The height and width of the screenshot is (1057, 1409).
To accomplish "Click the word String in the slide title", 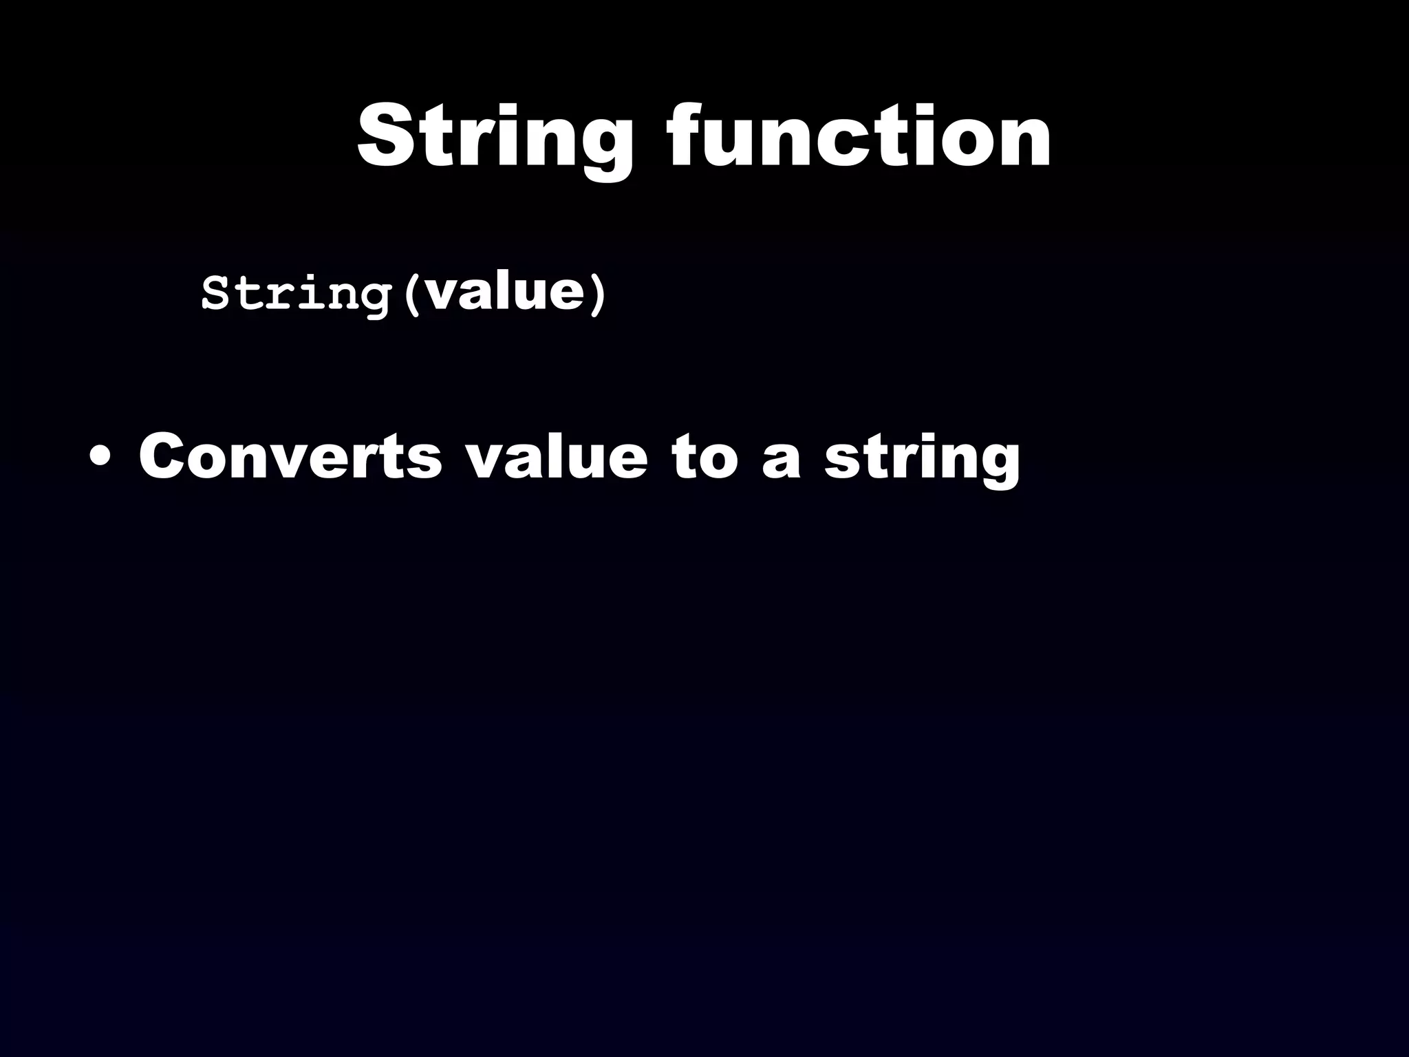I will pos(495,137).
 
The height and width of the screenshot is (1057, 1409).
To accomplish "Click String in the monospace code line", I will pos(296,294).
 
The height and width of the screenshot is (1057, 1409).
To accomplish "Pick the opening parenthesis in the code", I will pos(412,295).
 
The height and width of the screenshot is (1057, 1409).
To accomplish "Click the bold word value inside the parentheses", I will pos(505,292).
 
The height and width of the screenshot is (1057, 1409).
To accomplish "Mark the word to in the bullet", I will pos(704,457).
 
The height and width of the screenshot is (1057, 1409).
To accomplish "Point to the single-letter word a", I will pos(782,459).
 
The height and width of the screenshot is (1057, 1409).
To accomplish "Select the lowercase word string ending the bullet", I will pos(923,458).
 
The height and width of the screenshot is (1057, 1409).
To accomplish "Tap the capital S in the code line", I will pos(215,294).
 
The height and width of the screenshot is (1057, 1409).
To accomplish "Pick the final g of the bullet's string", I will pos(1000,465).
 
